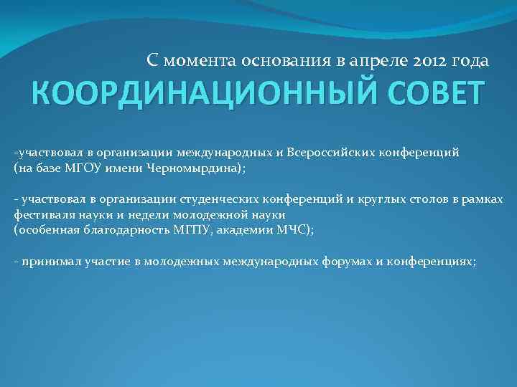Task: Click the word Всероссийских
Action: (x=327, y=153)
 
